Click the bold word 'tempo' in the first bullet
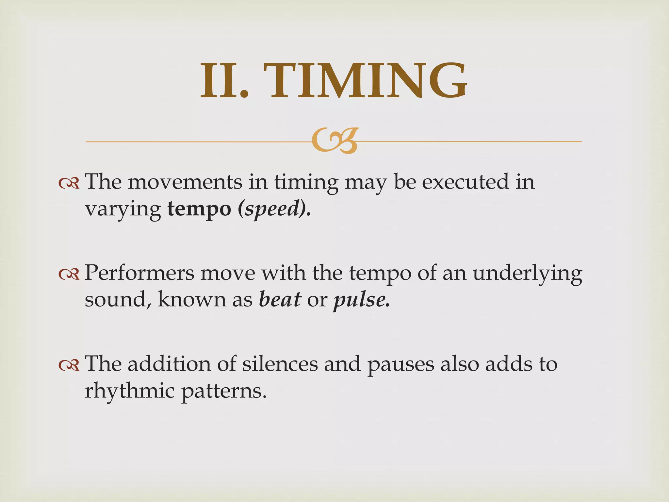coord(199,209)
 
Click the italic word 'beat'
coord(280,299)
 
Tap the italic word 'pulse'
coord(359,299)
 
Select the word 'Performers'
coord(139,273)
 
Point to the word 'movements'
coord(185,182)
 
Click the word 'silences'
coord(280,364)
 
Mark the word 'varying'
coord(123,209)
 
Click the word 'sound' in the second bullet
coord(115,299)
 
